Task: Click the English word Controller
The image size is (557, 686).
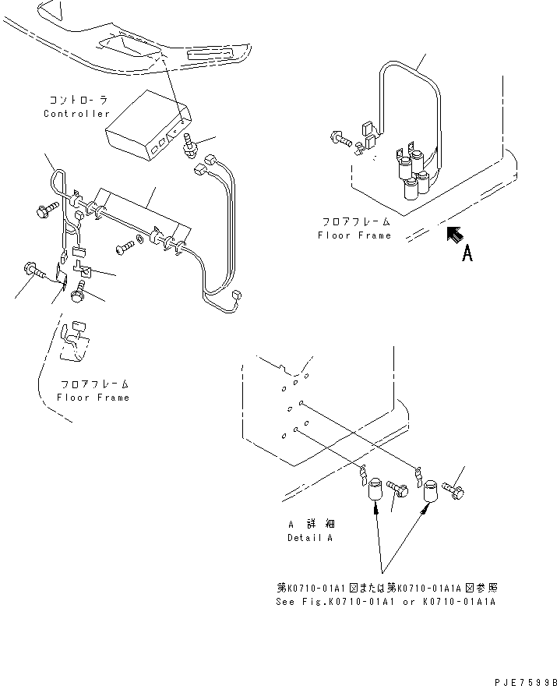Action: coord(76,114)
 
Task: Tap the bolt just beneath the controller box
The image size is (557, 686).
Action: coord(189,147)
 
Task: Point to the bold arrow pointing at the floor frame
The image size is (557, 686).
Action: coord(453,235)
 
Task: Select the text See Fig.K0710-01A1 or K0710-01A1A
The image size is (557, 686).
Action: coord(386,602)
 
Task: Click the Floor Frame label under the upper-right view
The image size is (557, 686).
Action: coord(354,235)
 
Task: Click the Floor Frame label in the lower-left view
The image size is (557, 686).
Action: coord(93,397)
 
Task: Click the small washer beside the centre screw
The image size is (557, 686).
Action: coord(139,237)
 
